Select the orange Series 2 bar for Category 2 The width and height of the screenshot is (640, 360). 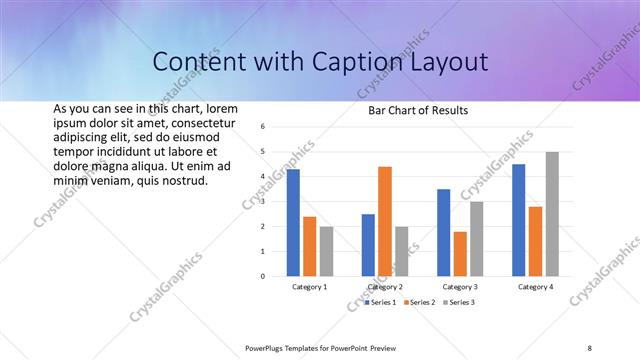[x=385, y=221]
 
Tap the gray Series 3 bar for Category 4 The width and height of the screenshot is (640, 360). [x=552, y=214]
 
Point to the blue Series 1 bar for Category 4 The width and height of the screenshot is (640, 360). [x=518, y=220]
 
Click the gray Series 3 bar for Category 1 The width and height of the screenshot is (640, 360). [x=326, y=251]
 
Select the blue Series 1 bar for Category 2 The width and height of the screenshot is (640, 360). [x=368, y=245]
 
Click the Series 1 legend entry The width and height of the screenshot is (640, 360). [x=381, y=301]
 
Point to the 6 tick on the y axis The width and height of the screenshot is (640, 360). [x=261, y=127]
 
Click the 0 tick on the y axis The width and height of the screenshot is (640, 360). [x=261, y=276]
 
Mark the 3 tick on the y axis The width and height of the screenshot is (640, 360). [x=261, y=202]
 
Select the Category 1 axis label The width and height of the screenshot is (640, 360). [x=310, y=287]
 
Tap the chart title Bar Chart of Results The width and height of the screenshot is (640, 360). [x=412, y=110]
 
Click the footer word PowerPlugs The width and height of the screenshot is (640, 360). [x=267, y=347]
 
